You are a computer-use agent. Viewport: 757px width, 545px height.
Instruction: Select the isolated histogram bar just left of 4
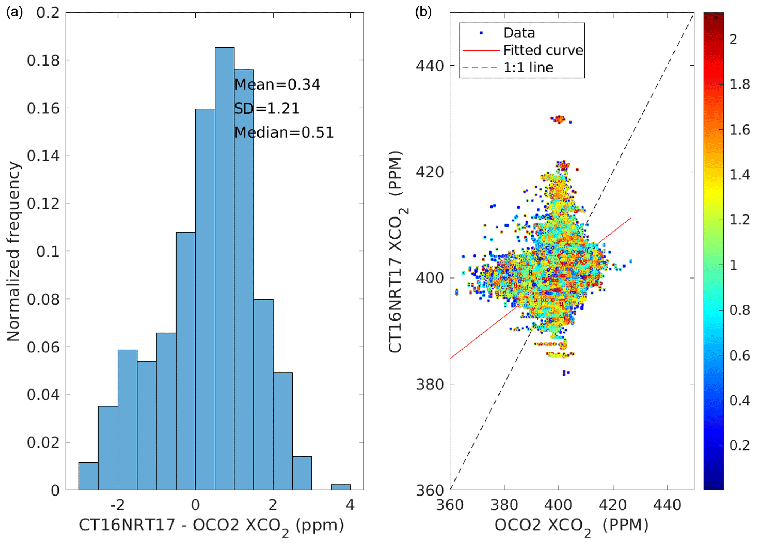point(341,487)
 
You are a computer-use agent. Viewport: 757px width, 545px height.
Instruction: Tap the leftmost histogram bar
point(88,476)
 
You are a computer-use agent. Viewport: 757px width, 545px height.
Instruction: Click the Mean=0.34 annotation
point(277,85)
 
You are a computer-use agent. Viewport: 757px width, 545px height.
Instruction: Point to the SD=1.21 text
point(267,109)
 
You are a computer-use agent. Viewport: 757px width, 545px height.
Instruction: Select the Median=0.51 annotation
point(284,132)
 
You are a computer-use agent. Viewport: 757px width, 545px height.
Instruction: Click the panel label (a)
point(15,12)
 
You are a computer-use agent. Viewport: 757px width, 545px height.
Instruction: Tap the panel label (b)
point(423,12)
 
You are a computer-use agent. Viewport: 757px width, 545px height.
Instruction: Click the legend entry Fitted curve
point(543,50)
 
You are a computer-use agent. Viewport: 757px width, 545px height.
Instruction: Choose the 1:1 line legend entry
point(528,68)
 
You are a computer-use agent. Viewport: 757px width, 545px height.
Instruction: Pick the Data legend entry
point(519,33)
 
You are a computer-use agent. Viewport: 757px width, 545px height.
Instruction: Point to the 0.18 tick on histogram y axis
point(43,61)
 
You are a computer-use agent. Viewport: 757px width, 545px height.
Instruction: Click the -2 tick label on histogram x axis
point(118,505)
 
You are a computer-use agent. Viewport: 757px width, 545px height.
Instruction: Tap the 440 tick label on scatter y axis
point(429,66)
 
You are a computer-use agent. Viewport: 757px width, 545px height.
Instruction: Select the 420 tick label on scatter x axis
point(612,505)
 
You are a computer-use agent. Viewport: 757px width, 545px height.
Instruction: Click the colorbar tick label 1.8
point(739,85)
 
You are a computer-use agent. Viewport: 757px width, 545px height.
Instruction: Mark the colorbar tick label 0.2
point(739,445)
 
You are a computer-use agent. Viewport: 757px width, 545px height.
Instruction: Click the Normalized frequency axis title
point(13,251)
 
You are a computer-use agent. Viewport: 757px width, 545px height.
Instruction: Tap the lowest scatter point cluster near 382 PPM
point(566,373)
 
